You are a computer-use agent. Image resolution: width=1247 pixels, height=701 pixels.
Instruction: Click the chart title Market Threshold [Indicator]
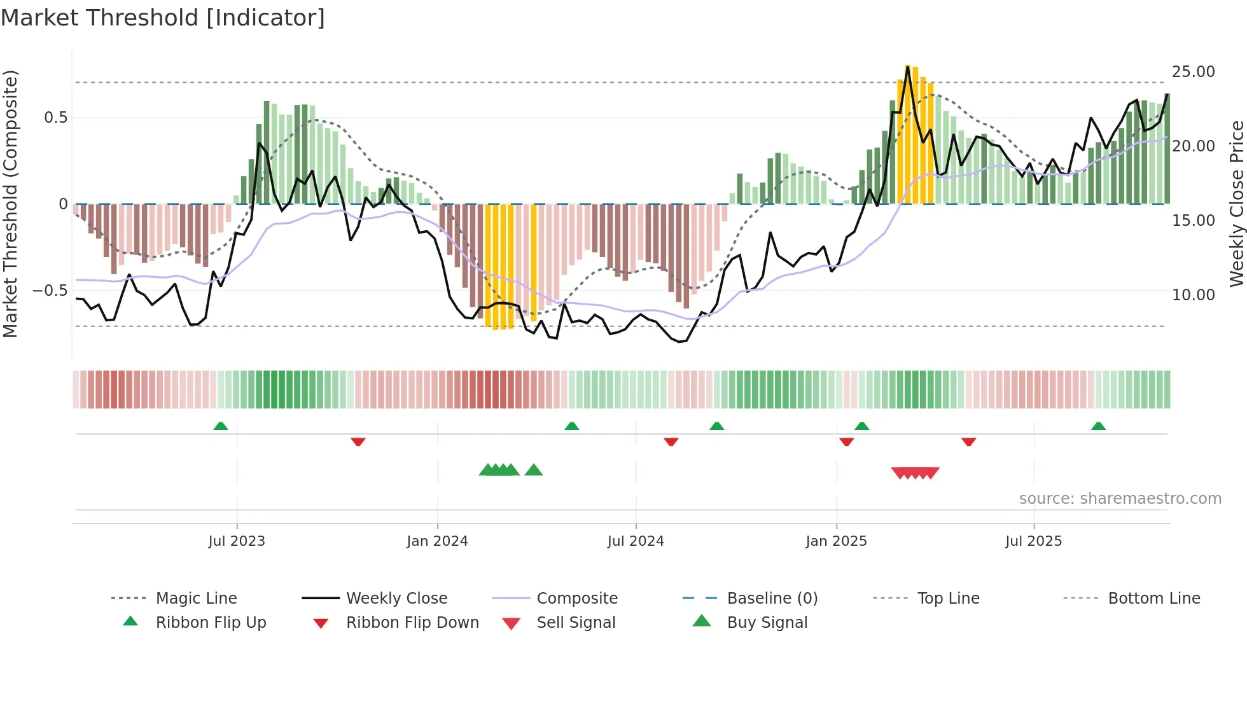[163, 18]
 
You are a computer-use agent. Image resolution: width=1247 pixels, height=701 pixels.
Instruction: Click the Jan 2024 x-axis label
[437, 541]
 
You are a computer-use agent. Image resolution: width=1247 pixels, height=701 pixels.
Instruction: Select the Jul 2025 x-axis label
[1033, 541]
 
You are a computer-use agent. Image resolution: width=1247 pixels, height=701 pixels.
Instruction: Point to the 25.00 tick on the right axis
[1193, 71]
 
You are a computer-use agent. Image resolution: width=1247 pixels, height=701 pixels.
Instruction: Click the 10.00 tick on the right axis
[1193, 295]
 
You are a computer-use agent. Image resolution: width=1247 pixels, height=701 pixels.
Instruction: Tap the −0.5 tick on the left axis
[50, 291]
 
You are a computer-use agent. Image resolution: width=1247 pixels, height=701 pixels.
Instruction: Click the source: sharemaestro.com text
[1120, 498]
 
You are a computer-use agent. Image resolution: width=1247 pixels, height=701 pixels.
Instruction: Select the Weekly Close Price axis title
[1236, 204]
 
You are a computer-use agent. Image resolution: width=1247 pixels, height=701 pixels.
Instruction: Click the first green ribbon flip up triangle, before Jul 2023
[221, 426]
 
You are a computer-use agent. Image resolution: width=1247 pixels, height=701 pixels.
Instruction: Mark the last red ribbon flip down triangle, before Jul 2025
[968, 441]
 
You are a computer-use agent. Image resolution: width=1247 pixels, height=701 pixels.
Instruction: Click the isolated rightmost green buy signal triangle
[534, 470]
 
